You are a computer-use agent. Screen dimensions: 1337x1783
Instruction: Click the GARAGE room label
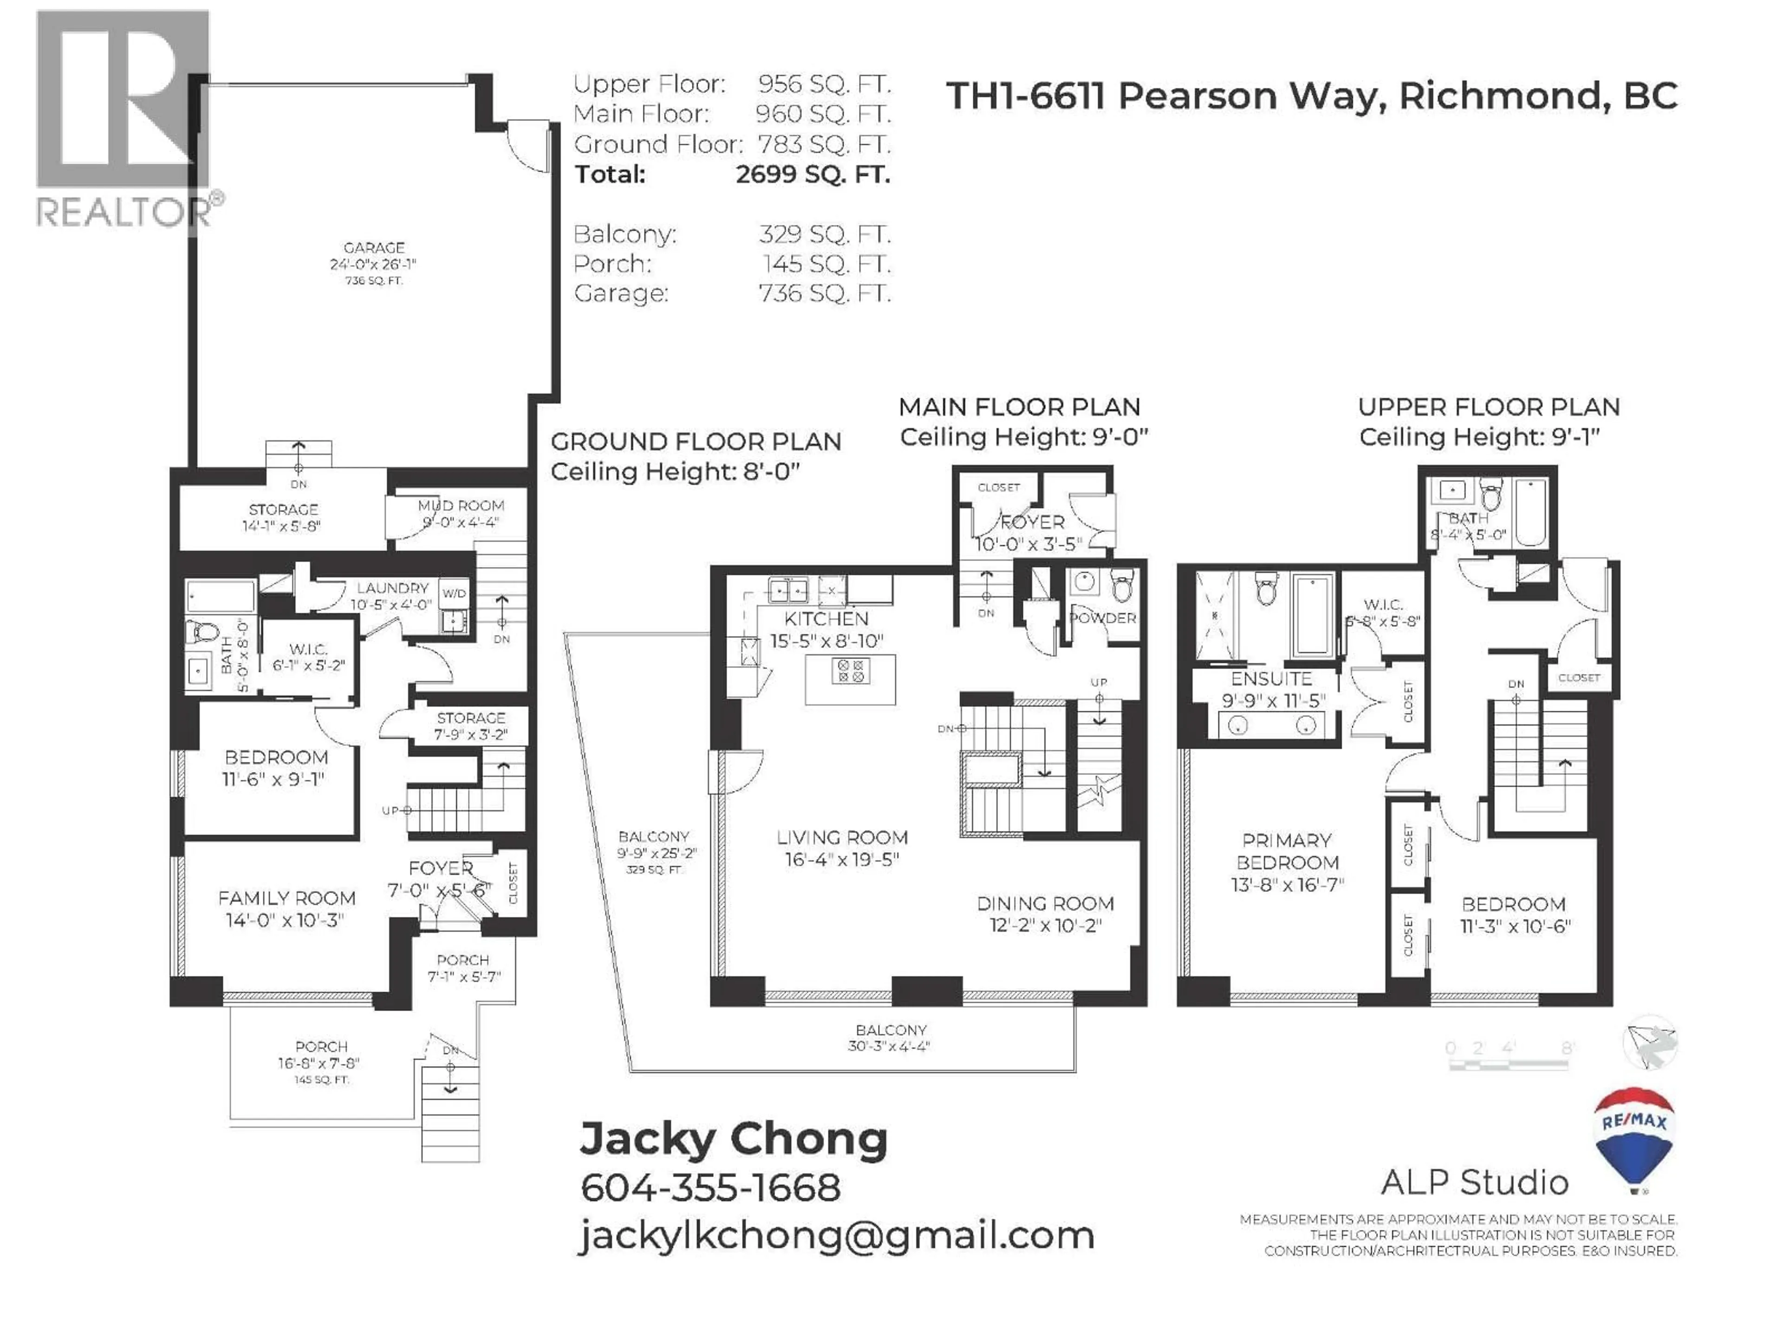(373, 247)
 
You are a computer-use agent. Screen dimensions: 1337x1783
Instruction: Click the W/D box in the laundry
(454, 593)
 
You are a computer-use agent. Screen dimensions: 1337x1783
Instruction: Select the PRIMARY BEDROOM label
(1287, 851)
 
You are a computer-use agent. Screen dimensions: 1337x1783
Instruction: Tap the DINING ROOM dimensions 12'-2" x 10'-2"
(1046, 925)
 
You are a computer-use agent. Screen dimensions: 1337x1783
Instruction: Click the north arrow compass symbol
(1650, 1042)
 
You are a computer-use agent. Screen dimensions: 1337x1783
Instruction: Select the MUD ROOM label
(461, 505)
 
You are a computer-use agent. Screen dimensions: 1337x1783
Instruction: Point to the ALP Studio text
(1474, 1182)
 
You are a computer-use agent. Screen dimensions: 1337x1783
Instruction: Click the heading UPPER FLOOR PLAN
(1488, 407)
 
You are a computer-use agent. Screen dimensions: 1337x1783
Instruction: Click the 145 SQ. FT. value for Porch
(826, 264)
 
